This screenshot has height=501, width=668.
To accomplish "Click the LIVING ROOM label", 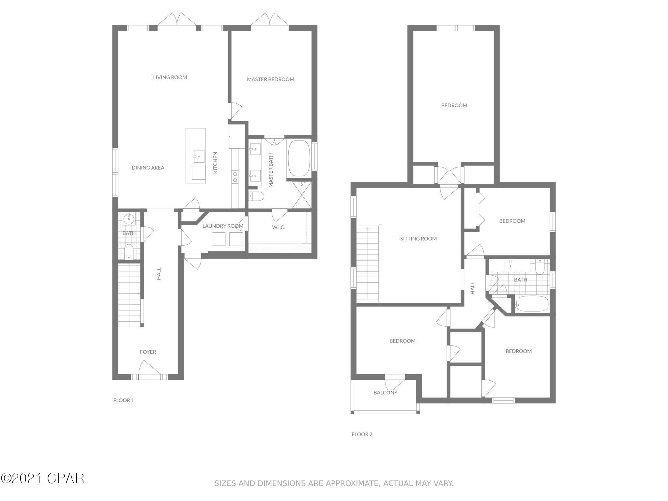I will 170,77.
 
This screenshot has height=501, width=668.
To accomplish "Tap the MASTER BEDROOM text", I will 270,79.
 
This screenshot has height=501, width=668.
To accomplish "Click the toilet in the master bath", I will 256,196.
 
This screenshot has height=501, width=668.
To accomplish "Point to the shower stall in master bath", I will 302,195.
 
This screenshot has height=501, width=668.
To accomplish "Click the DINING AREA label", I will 148,168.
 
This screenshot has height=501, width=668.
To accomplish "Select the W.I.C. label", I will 279,227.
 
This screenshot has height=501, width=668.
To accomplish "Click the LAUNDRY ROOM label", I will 223,226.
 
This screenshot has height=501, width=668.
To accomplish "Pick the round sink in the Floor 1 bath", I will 129,219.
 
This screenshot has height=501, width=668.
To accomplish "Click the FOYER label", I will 148,352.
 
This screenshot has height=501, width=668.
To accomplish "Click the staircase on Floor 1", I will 129,295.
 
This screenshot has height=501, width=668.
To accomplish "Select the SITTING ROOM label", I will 418,239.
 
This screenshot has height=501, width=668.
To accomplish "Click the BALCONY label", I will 385,393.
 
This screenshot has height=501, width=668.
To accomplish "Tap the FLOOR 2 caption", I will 362,434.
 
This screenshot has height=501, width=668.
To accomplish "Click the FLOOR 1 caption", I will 124,400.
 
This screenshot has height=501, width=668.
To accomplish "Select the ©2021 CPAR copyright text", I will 42,478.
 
